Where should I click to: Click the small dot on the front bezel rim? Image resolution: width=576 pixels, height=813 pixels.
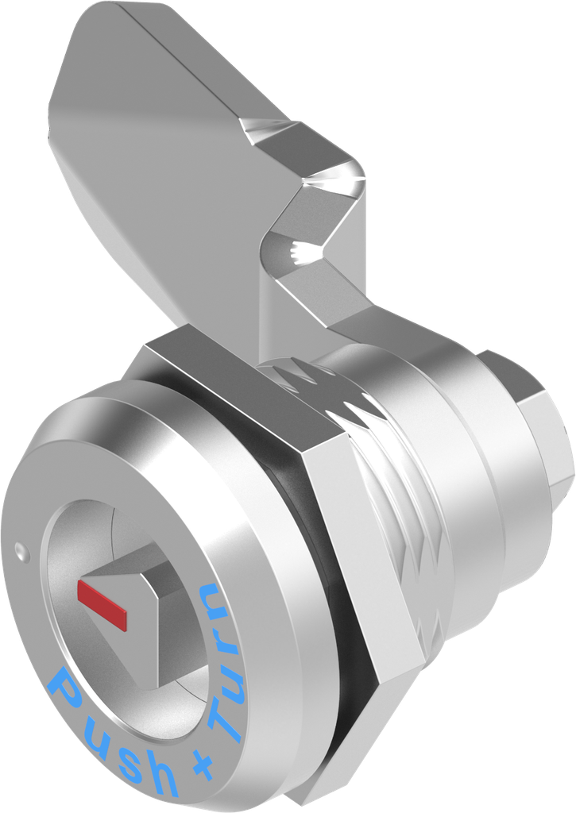(18, 547)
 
